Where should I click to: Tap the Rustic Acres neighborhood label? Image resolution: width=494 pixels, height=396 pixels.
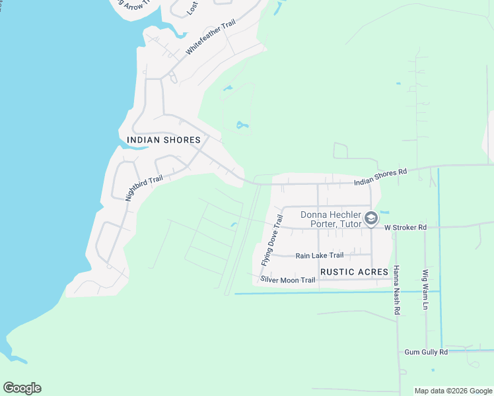(x=354, y=272)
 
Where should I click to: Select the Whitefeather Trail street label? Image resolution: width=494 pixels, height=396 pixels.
(x=210, y=37)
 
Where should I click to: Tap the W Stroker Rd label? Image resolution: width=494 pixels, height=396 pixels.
(x=406, y=227)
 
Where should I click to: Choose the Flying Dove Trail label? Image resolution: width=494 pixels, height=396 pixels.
(x=271, y=239)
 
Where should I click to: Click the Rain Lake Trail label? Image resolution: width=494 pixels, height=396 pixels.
(x=320, y=255)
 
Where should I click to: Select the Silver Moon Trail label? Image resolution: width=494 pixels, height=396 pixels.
(x=288, y=280)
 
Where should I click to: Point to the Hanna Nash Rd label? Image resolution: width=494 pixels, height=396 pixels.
(x=396, y=290)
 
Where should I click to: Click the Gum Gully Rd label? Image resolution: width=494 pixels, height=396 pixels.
(x=426, y=352)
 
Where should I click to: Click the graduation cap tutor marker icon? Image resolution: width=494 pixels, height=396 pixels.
(x=371, y=218)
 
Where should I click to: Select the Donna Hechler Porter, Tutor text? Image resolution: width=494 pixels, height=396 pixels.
(x=332, y=219)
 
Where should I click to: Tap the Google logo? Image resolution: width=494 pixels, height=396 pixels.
(x=22, y=388)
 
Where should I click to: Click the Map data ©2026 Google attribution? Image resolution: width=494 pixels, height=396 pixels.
(x=454, y=391)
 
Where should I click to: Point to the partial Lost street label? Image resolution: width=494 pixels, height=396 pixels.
(x=192, y=8)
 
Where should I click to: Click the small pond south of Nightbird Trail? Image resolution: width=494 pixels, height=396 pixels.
(x=234, y=226)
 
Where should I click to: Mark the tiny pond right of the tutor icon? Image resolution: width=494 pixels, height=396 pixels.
(x=385, y=213)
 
